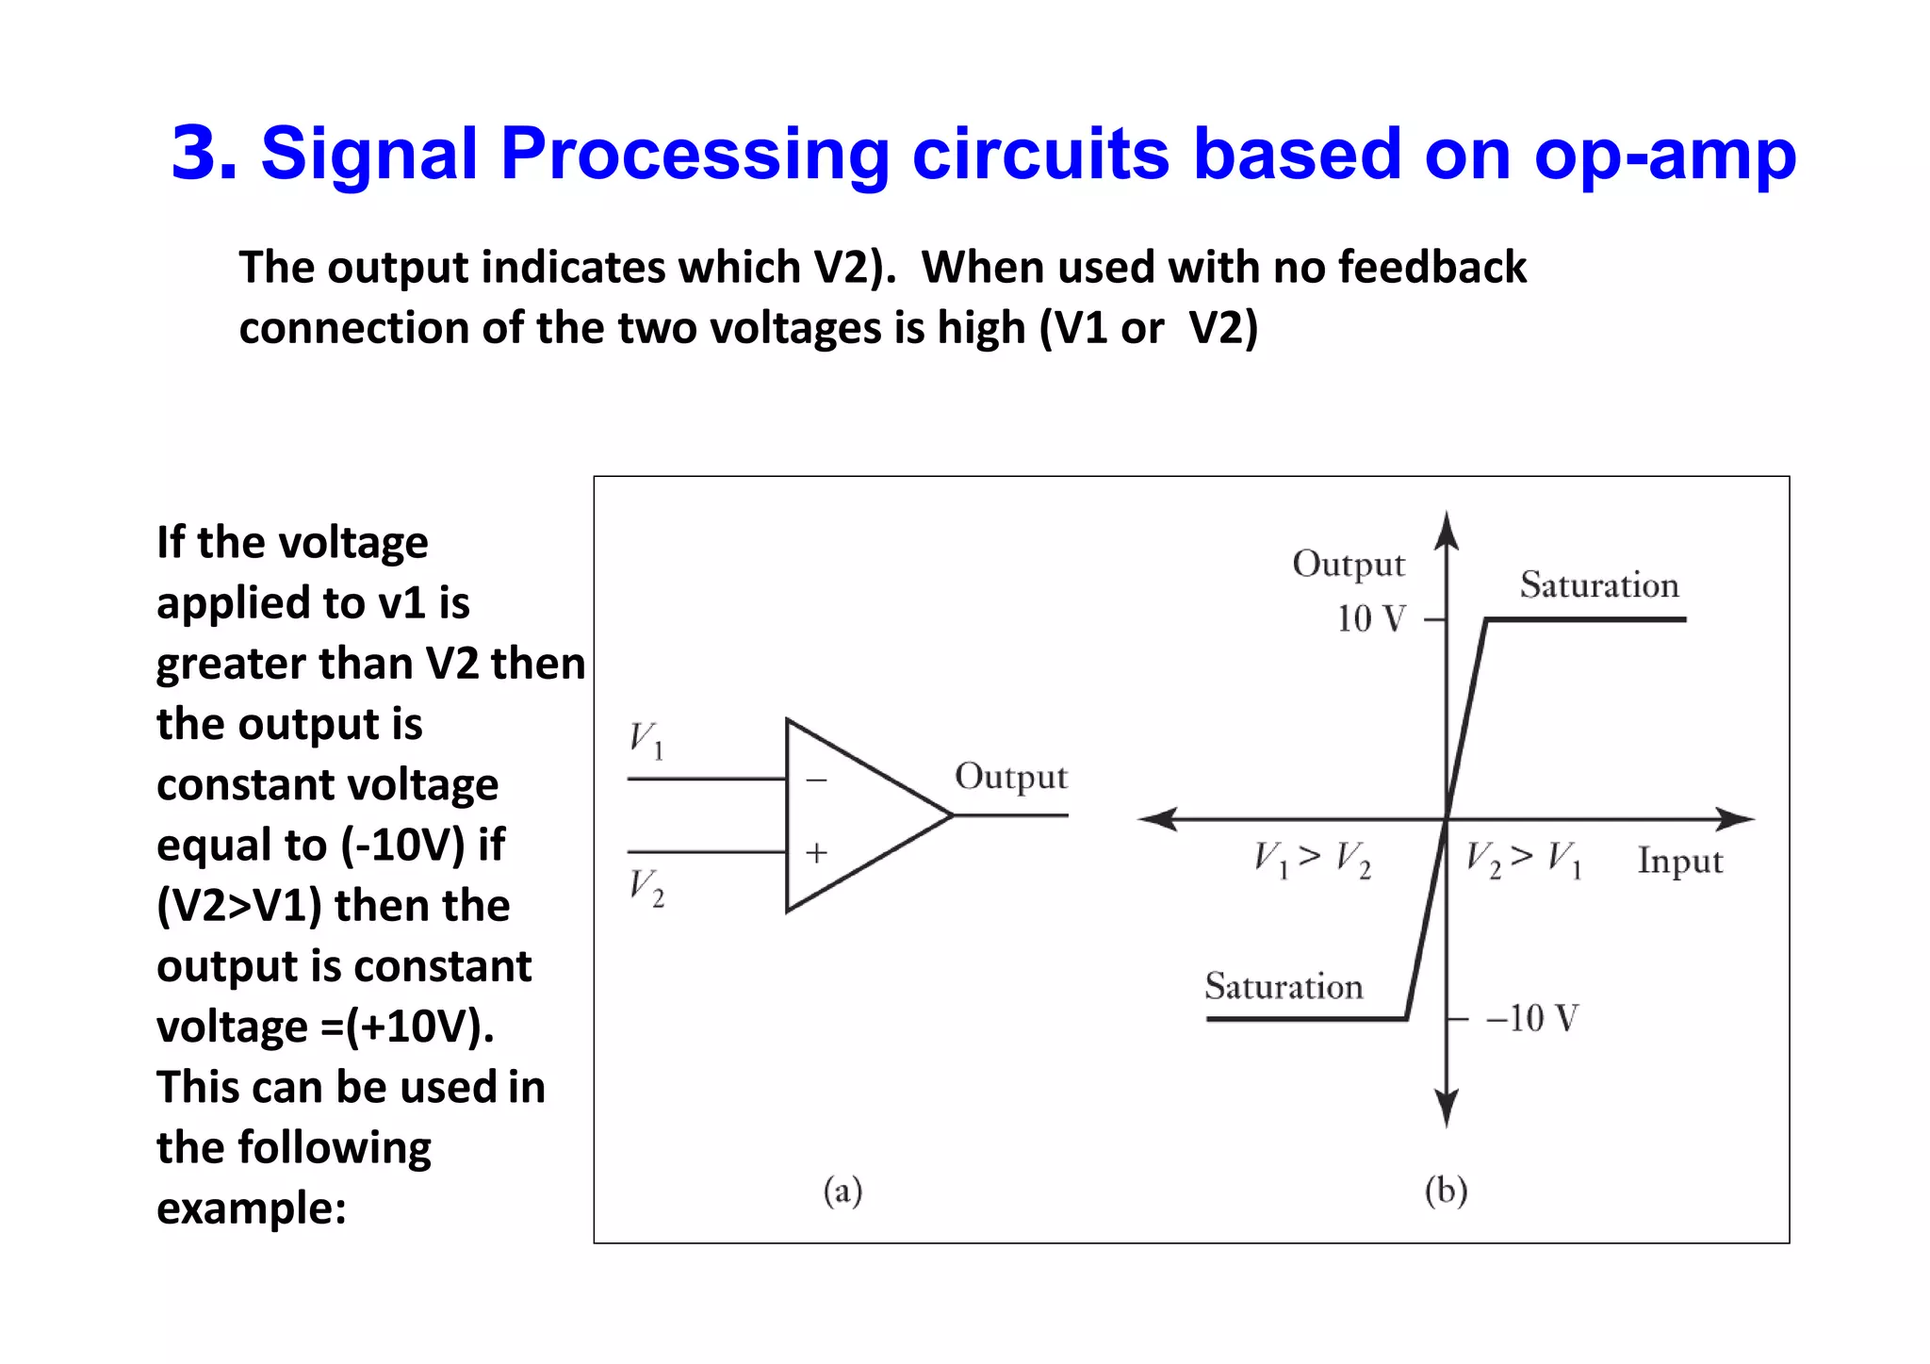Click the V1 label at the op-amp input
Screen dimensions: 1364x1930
[646, 740]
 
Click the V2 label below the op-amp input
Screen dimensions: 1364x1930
[646, 888]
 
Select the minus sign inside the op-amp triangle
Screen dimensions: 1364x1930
[816, 781]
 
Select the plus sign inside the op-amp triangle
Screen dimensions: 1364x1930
[816, 853]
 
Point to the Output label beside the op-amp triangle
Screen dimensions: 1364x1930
[1010, 778]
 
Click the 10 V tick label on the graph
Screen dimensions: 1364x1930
[1371, 619]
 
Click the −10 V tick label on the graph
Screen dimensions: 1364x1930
[1531, 1019]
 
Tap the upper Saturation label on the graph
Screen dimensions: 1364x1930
[1599, 585]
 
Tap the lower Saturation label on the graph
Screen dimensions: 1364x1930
[1284, 987]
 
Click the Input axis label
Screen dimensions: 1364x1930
[1679, 862]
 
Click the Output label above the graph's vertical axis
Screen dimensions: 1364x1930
[1349, 565]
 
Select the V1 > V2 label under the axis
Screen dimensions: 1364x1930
[1312, 859]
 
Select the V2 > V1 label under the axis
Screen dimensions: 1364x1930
[1523, 859]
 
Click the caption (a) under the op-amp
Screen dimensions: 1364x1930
[842, 1191]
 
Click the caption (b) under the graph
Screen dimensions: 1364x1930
[1446, 1191]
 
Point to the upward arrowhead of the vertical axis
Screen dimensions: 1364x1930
[1447, 531]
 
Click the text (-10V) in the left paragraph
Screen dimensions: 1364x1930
[404, 846]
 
